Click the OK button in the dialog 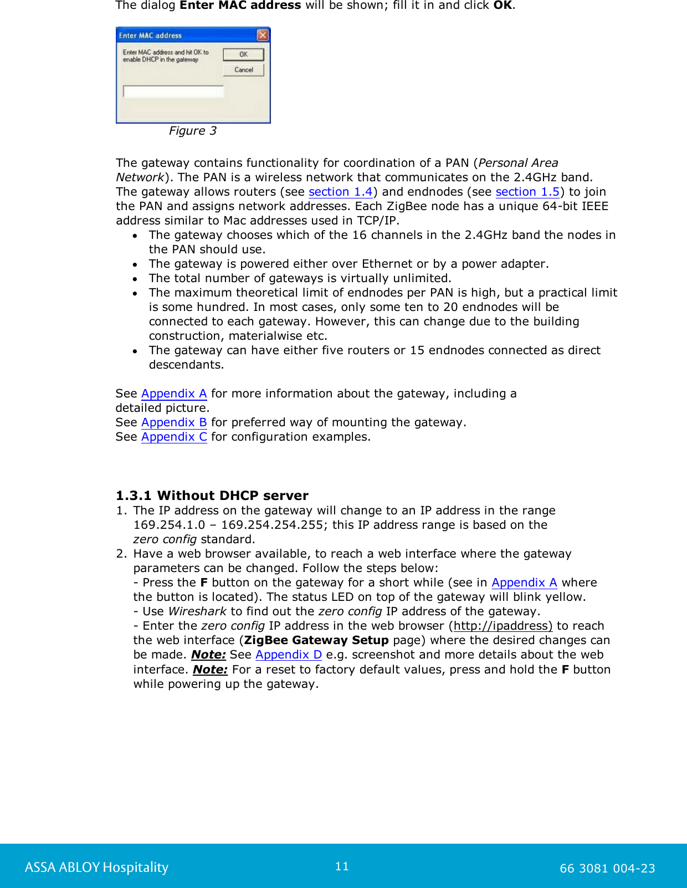pyautogui.click(x=243, y=54)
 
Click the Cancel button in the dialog pyautogui.click(x=243, y=70)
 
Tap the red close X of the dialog pyautogui.click(x=263, y=35)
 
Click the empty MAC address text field pyautogui.click(x=173, y=91)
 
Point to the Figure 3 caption pyautogui.click(x=192, y=131)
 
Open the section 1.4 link pyautogui.click(x=340, y=192)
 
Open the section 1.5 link pyautogui.click(x=527, y=192)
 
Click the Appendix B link pyautogui.click(x=174, y=422)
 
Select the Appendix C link pyautogui.click(x=174, y=437)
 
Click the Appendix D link pyautogui.click(x=288, y=655)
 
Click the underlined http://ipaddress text pyautogui.click(x=503, y=626)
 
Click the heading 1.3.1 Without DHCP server pyautogui.click(x=212, y=496)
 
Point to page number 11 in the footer pyautogui.click(x=342, y=866)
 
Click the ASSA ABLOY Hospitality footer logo pyautogui.click(x=96, y=867)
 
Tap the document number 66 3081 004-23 pyautogui.click(x=607, y=869)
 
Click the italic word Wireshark pyautogui.click(x=197, y=611)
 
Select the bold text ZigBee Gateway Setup pyautogui.click(x=316, y=640)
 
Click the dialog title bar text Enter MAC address pyautogui.click(x=150, y=35)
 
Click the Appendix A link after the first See pyautogui.click(x=174, y=394)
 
